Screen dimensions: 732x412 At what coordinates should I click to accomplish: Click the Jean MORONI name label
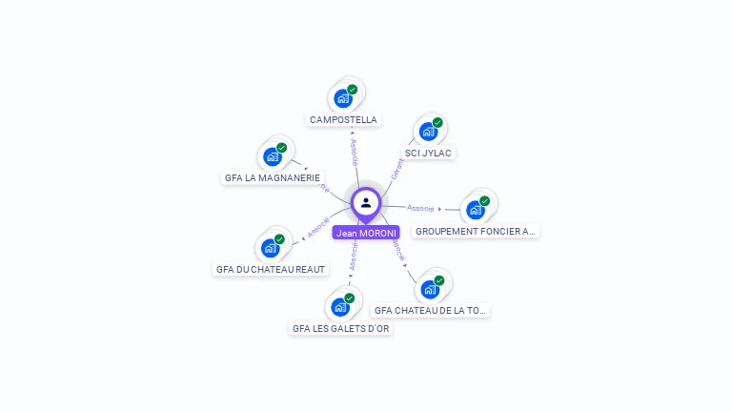pos(366,233)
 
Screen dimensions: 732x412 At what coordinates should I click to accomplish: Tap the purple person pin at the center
pos(366,203)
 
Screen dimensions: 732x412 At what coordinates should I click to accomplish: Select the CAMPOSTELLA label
pos(343,120)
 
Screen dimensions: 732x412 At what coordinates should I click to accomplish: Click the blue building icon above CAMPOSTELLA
pos(343,97)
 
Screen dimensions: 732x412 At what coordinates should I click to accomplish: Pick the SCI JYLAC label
pos(429,153)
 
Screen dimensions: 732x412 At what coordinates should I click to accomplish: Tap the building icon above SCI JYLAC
pos(429,131)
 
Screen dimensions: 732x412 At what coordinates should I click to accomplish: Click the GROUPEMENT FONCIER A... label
pos(476,231)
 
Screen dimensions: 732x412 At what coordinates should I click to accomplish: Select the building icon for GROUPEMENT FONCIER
pos(476,209)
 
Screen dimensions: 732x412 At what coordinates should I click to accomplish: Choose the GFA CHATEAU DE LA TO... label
pos(431,310)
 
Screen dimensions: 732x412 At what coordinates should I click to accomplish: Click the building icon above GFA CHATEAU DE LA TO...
pos(431,288)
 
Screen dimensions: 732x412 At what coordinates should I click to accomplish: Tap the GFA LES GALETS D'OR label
pos(341,328)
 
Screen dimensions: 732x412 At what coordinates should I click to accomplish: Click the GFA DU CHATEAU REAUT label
pos(271,269)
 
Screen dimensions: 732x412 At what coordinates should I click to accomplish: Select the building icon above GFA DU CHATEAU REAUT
pos(271,247)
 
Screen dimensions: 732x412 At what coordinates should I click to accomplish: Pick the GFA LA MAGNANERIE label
pos(273,177)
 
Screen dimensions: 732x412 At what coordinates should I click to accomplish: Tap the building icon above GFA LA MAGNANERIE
pos(273,155)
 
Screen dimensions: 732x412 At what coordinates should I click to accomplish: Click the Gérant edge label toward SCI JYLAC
pos(397,169)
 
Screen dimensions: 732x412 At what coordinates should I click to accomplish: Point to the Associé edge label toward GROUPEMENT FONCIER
pos(420,208)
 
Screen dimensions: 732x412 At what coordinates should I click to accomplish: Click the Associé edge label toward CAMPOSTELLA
pos(354,153)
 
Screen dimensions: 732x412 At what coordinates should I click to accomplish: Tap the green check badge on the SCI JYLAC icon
pos(437,122)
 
